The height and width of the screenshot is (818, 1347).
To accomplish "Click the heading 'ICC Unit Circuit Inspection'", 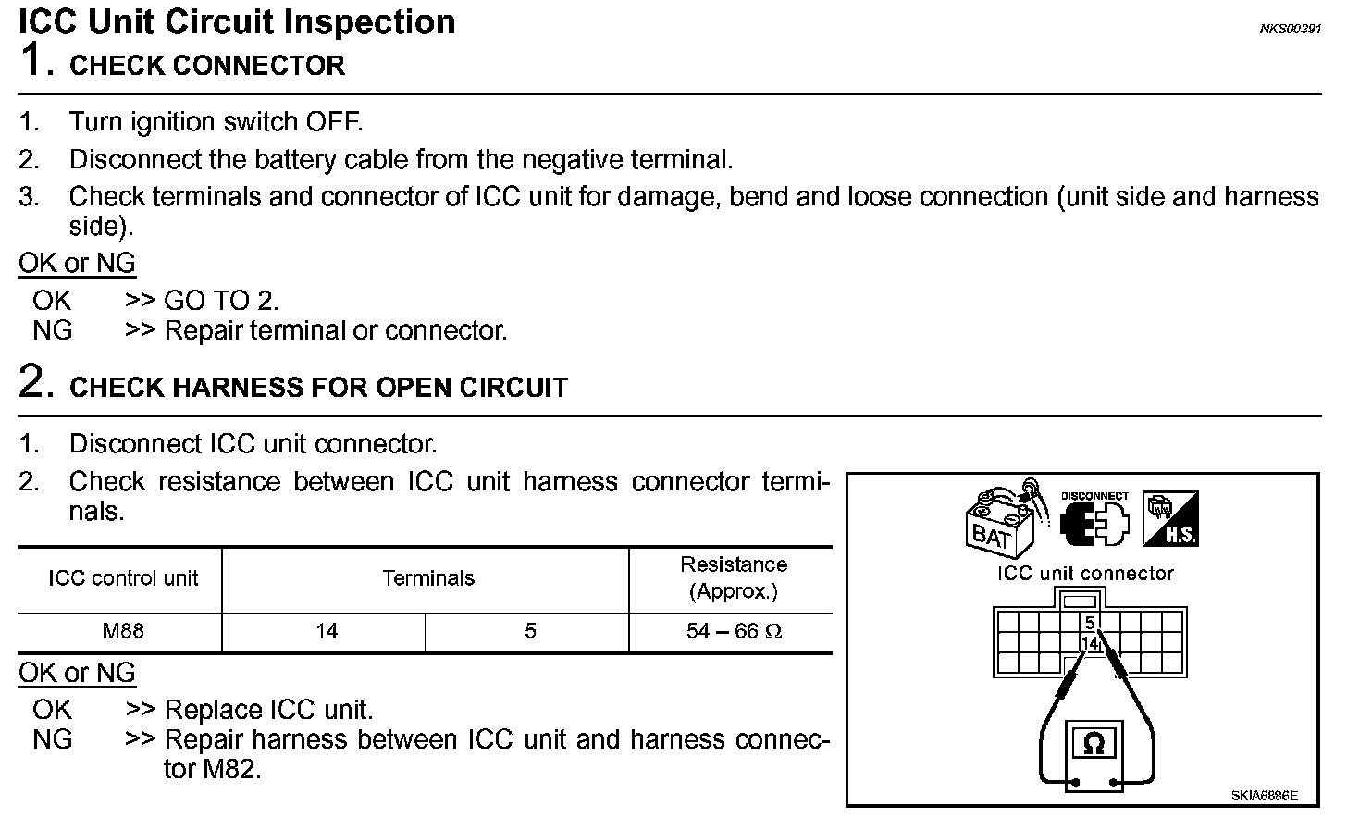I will pyautogui.click(x=237, y=21).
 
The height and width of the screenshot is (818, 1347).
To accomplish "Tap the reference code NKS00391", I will pyautogui.click(x=1290, y=29).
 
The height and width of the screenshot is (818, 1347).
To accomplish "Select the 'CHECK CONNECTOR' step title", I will pyautogui.click(x=206, y=66).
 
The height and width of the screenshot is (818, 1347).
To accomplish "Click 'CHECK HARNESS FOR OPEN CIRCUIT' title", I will pyautogui.click(x=318, y=387).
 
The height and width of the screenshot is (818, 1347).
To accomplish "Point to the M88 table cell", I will pyautogui.click(x=123, y=631).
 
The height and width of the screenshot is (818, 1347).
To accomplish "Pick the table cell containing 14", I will pyautogui.click(x=327, y=631).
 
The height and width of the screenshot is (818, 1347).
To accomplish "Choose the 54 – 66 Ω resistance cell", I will pyautogui.click(x=734, y=631).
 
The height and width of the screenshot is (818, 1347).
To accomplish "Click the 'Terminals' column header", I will pyautogui.click(x=428, y=578).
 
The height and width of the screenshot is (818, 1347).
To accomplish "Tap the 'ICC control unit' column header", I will pyautogui.click(x=123, y=578).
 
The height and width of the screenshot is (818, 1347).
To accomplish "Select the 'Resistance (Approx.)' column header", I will pyautogui.click(x=734, y=577).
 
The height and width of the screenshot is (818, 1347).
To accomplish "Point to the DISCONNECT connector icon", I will pyautogui.click(x=1095, y=521).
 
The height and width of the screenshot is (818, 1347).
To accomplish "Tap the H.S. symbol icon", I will pyautogui.click(x=1170, y=519).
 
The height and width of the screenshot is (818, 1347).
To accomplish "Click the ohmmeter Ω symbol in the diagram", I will pyautogui.click(x=1094, y=744).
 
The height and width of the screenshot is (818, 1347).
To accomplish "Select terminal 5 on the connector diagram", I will pyautogui.click(x=1091, y=623).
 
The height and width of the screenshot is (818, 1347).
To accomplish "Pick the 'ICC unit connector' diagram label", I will pyautogui.click(x=1084, y=574).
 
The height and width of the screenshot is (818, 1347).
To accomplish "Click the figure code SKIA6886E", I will pyautogui.click(x=1264, y=795).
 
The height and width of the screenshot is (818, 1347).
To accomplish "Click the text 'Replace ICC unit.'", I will pyautogui.click(x=268, y=710).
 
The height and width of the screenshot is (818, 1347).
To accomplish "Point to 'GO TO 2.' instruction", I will pyautogui.click(x=221, y=300).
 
